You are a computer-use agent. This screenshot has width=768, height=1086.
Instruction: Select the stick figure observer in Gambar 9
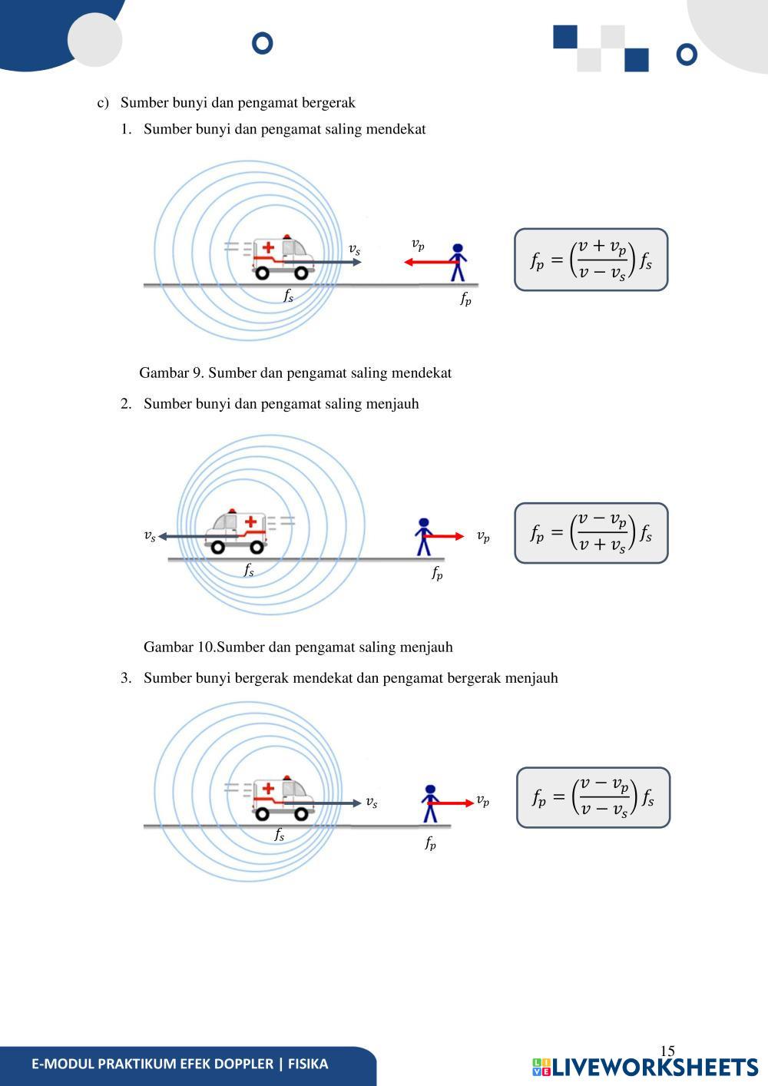[458, 263]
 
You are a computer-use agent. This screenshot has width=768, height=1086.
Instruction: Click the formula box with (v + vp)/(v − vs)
[591, 260]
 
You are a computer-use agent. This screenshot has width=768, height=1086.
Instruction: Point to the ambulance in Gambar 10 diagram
[236, 531]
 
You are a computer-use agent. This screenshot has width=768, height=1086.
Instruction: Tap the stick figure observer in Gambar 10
[423, 536]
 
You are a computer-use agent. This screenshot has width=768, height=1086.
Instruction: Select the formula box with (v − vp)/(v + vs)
[591, 533]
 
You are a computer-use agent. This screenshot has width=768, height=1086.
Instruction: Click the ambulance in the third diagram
[283, 798]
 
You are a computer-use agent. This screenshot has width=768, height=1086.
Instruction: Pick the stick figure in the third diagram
[430, 803]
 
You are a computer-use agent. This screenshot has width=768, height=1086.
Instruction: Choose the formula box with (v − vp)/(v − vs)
[593, 797]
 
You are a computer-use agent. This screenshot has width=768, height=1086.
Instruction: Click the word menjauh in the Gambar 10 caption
[425, 647]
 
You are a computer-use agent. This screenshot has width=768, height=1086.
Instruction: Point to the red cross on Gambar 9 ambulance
[268, 248]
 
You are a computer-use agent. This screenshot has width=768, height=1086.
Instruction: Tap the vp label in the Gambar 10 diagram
[483, 536]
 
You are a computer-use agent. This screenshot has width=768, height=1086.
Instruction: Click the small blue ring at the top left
[263, 43]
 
